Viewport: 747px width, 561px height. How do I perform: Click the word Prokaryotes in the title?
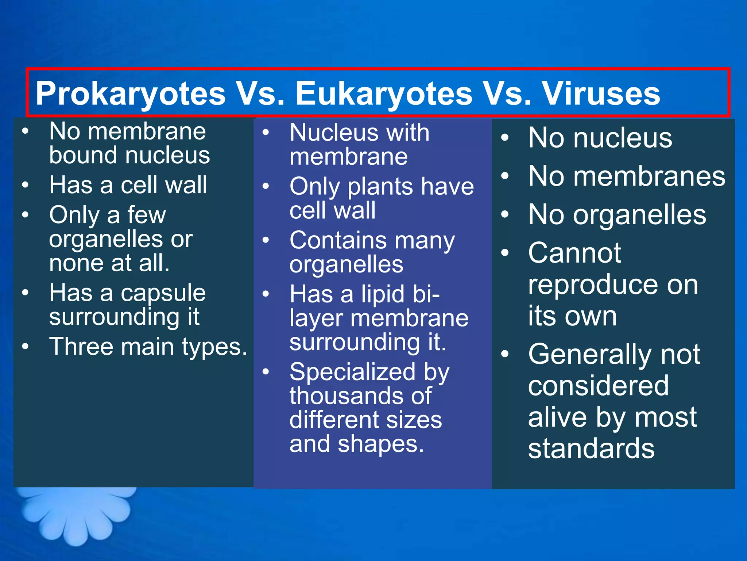(130, 94)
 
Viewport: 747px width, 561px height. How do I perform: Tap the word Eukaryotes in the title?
(384, 94)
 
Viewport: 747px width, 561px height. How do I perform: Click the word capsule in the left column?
(163, 294)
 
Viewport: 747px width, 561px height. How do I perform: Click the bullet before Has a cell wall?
(25, 185)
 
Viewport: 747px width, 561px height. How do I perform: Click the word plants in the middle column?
(380, 187)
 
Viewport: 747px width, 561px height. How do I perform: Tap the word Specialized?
(352, 372)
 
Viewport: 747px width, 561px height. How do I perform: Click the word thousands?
(336, 396)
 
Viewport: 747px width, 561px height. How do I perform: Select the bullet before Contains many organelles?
(266, 241)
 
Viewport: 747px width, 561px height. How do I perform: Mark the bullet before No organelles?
(504, 215)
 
